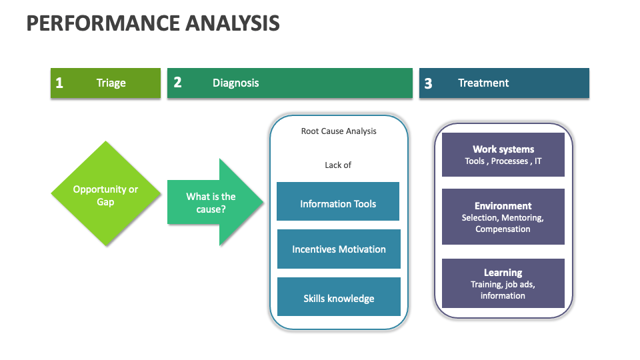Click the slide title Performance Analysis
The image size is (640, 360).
click(x=153, y=24)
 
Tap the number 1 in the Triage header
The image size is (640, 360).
click(x=59, y=83)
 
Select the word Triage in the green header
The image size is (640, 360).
click(x=111, y=83)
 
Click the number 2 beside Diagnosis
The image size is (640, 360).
click(x=177, y=83)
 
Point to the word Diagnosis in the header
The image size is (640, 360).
click(x=235, y=83)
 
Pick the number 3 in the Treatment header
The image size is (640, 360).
click(x=428, y=83)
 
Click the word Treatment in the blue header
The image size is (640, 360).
click(x=483, y=83)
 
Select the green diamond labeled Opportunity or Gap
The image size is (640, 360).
click(x=105, y=195)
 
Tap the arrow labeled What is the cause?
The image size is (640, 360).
click(x=211, y=202)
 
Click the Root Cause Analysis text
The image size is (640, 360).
click(x=339, y=131)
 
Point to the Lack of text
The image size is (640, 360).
click(x=338, y=165)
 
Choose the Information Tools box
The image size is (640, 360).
click(x=338, y=204)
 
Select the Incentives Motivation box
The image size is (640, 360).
click(x=339, y=249)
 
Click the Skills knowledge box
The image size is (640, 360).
click(x=339, y=298)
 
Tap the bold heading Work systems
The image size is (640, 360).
click(x=503, y=149)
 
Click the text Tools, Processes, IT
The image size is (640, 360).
click(x=503, y=161)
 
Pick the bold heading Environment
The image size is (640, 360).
click(x=503, y=206)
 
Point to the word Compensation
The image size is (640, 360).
click(x=503, y=229)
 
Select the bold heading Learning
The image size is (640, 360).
click(x=503, y=273)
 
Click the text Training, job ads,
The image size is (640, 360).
click(x=503, y=285)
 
